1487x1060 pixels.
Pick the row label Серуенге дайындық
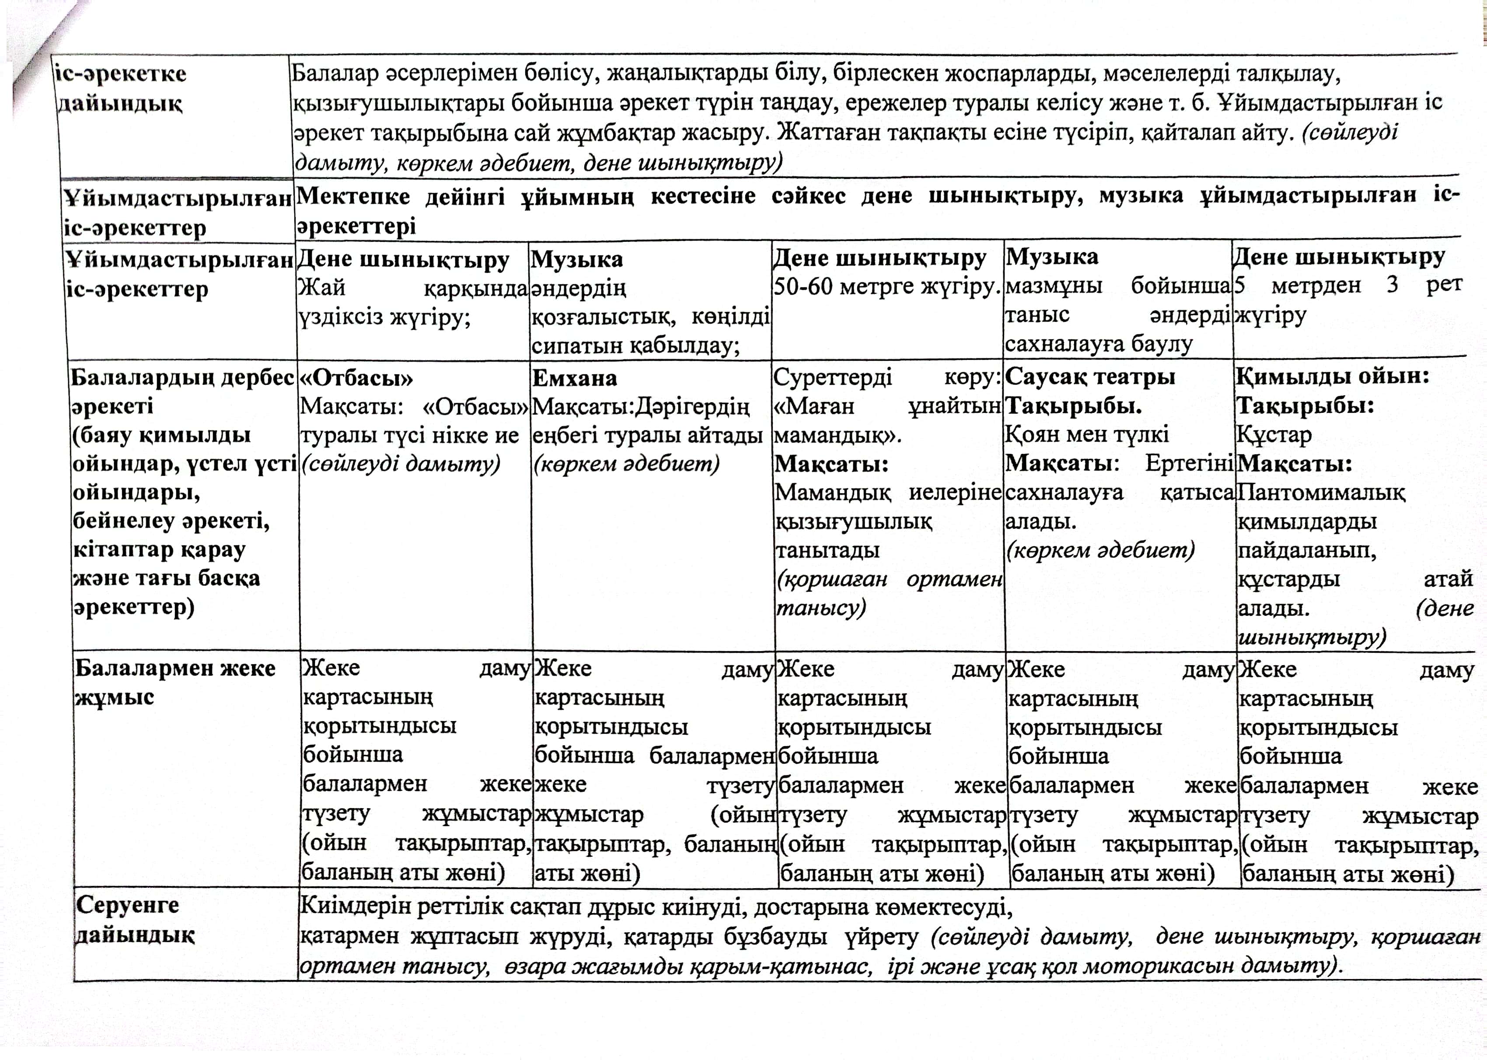(x=134, y=921)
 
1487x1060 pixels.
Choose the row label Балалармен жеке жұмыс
(x=175, y=682)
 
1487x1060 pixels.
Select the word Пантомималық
(x=1321, y=493)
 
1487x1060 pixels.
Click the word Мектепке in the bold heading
(x=353, y=196)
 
